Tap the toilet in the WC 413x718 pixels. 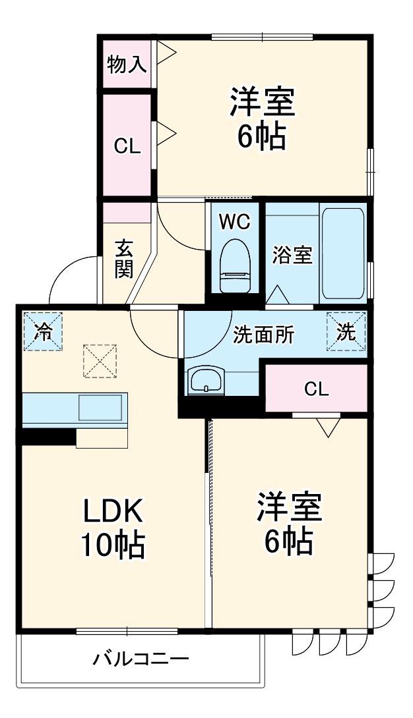click(235, 263)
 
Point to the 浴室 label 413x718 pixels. click(292, 256)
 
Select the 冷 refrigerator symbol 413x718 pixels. click(43, 331)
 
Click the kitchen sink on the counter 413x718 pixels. click(100, 408)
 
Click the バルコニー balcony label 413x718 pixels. click(141, 659)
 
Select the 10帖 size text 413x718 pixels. click(112, 545)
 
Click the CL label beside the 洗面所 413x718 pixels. click(316, 389)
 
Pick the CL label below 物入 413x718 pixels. click(127, 146)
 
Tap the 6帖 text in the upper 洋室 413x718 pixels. click(262, 136)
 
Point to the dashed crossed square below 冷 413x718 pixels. click(99, 361)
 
